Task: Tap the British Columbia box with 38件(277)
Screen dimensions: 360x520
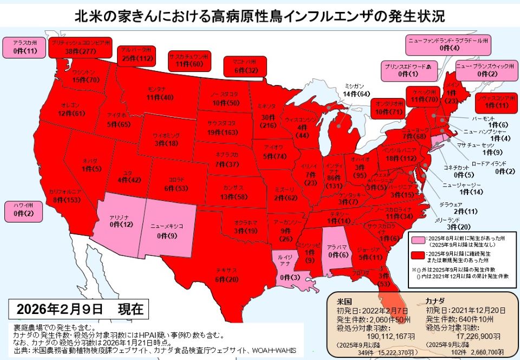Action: tap(80, 47)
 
